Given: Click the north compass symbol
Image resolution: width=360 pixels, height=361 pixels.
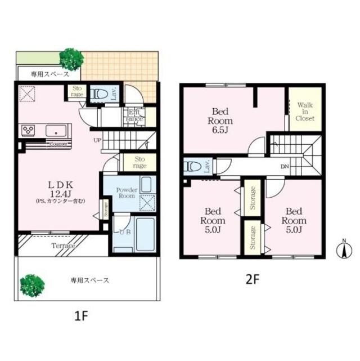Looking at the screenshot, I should tap(343, 248).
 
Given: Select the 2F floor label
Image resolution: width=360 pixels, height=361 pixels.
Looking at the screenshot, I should tap(251, 278).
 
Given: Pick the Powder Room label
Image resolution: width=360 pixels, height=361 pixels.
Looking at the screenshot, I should tap(127, 193).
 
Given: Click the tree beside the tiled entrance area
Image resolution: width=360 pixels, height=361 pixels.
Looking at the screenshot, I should tap(71, 58).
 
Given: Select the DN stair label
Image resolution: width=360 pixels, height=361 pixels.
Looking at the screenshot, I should tap(286, 167).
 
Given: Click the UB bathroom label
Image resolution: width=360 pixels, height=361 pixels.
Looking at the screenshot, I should tap(124, 231).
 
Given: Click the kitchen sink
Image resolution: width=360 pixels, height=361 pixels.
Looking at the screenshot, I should tap(56, 131).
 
